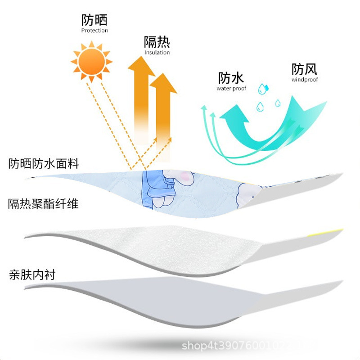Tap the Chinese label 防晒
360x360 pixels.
pyautogui.click(x=94, y=20)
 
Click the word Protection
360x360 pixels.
pyautogui.click(x=94, y=31)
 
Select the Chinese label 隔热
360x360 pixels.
pyautogui.click(x=157, y=42)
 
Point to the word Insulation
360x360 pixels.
pyautogui.click(x=157, y=53)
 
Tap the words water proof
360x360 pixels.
pyautogui.click(x=231, y=89)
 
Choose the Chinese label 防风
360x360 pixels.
pyautogui.click(x=305, y=69)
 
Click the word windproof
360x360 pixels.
pyautogui.click(x=305, y=80)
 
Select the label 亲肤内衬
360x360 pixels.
pyautogui.click(x=32, y=274)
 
